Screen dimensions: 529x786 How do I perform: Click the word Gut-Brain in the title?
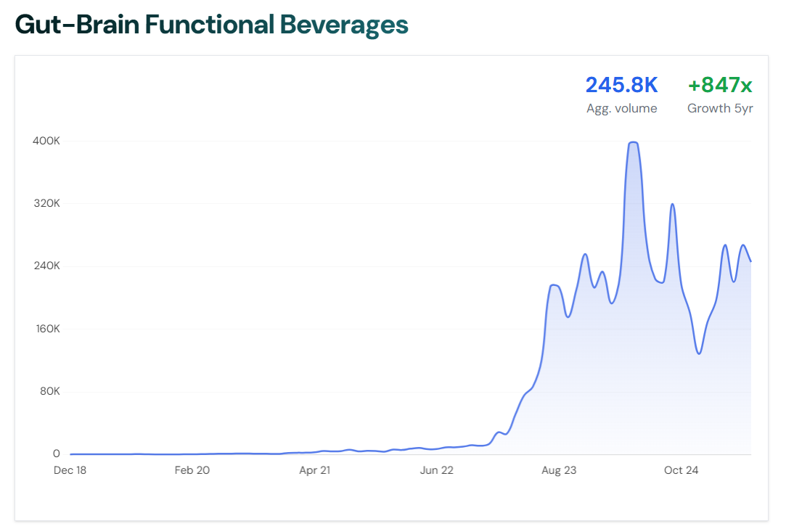click(x=76, y=25)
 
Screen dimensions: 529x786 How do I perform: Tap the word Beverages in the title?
click(x=344, y=25)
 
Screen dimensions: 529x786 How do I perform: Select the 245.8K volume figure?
click(x=621, y=85)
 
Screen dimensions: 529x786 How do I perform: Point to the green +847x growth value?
click(x=720, y=85)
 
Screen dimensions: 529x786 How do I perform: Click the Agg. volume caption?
click(x=621, y=109)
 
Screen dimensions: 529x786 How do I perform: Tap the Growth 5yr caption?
click(x=720, y=109)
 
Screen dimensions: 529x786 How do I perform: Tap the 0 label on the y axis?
click(x=56, y=454)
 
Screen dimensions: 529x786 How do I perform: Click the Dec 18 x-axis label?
click(x=70, y=470)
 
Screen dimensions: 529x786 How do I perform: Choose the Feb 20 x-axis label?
click(x=192, y=470)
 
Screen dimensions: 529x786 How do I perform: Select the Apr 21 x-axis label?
click(x=315, y=470)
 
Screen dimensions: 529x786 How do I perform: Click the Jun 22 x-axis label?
click(x=437, y=470)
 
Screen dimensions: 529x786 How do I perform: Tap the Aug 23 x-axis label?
click(x=559, y=470)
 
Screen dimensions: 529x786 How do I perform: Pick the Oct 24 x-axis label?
click(x=681, y=470)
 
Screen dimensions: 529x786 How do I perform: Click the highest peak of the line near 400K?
click(x=633, y=142)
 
